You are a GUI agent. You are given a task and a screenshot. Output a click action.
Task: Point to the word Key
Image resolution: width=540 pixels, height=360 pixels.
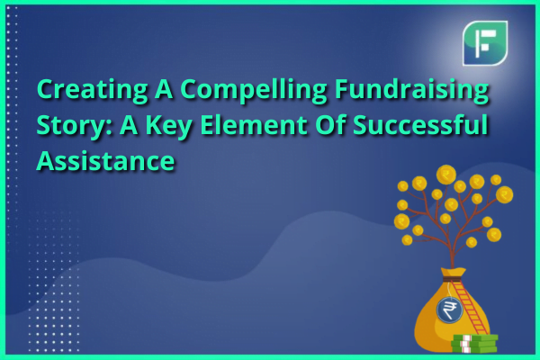click(167, 125)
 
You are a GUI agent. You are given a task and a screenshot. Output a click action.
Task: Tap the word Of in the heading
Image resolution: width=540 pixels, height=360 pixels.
click(330, 124)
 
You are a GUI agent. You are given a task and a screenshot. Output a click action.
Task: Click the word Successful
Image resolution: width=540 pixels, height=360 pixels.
click(420, 124)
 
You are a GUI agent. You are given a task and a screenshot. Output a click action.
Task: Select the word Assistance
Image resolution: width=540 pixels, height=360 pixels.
click(105, 160)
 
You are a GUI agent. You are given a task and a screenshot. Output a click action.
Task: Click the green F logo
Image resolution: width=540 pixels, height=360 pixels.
click(485, 43)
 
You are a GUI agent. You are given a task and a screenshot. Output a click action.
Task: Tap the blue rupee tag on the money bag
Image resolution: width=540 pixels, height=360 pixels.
click(449, 310)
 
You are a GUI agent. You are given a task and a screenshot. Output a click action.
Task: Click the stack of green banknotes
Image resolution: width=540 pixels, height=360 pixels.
click(474, 343)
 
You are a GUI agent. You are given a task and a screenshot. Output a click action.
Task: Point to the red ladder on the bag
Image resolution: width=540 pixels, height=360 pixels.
click(469, 307)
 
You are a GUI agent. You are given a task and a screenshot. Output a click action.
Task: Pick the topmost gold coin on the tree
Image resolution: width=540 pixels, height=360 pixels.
click(446, 175)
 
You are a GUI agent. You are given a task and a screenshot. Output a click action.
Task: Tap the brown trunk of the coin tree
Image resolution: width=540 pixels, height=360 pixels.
click(452, 251)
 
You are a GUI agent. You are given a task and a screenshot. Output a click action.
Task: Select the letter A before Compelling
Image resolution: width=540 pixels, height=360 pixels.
click(164, 89)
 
